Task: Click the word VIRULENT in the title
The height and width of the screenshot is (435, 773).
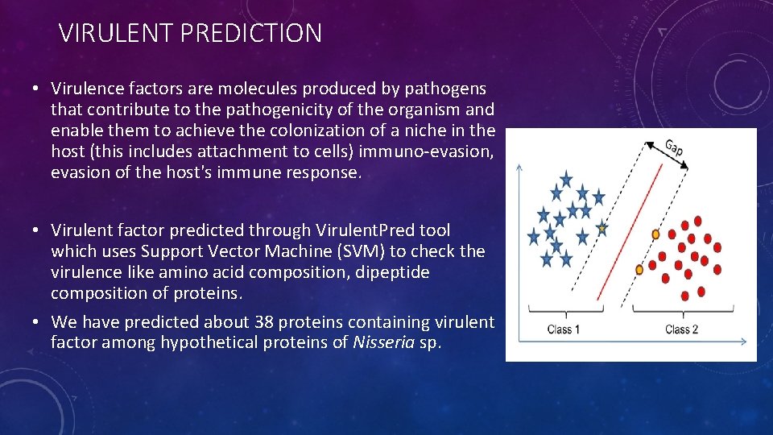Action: pyautogui.click(x=116, y=33)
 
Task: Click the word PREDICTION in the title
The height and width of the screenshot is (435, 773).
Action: pyautogui.click(x=251, y=33)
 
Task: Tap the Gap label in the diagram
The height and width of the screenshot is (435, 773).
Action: pyautogui.click(x=674, y=147)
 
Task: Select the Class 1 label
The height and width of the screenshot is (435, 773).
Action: pyautogui.click(x=564, y=329)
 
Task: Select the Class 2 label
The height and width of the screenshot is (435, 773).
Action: pyautogui.click(x=682, y=329)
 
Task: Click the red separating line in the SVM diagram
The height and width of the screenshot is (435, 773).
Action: pyautogui.click(x=630, y=232)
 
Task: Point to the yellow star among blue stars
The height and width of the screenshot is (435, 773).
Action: pyautogui.click(x=602, y=228)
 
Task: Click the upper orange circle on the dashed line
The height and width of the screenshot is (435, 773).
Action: pyautogui.click(x=655, y=234)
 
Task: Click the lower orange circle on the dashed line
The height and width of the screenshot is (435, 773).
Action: pyautogui.click(x=639, y=270)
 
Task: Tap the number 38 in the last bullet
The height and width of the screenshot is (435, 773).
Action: pyautogui.click(x=264, y=322)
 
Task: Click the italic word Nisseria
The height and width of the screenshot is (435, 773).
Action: pyautogui.click(x=383, y=342)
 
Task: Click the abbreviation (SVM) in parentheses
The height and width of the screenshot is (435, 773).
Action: pyautogui.click(x=361, y=251)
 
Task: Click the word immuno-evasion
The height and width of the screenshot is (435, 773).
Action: pyautogui.click(x=426, y=151)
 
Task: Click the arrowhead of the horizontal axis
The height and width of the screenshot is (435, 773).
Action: pyautogui.click(x=744, y=341)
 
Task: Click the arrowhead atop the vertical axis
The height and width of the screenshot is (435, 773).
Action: pyautogui.click(x=519, y=168)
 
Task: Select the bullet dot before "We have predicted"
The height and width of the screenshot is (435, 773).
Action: pyautogui.click(x=35, y=322)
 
